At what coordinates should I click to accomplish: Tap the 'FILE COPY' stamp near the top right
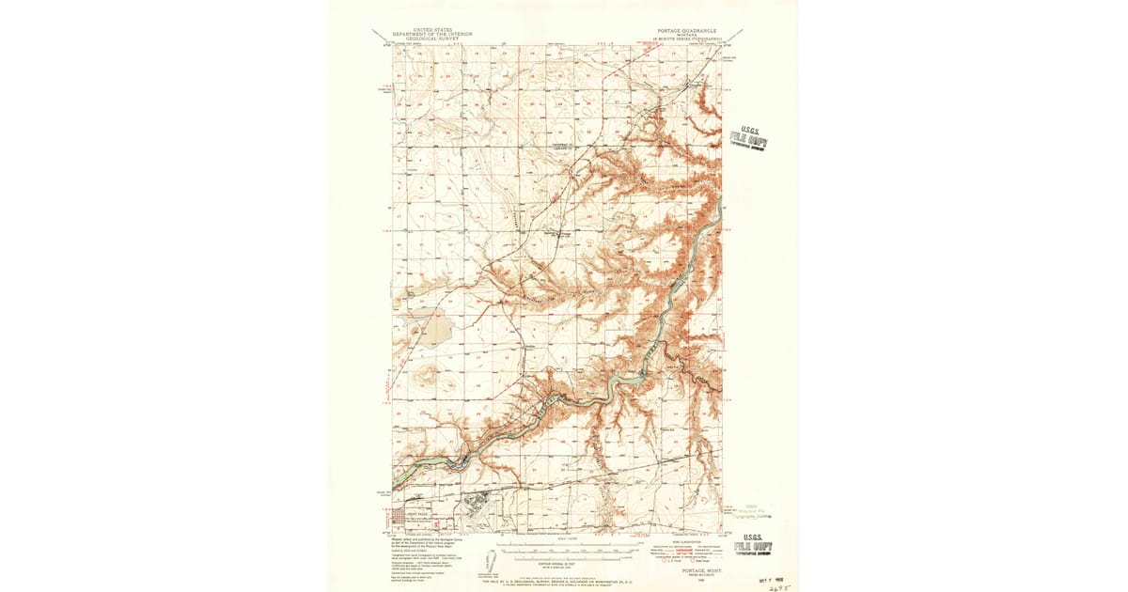coord(749,140)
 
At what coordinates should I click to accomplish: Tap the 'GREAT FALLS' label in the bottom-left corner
coord(415,514)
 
